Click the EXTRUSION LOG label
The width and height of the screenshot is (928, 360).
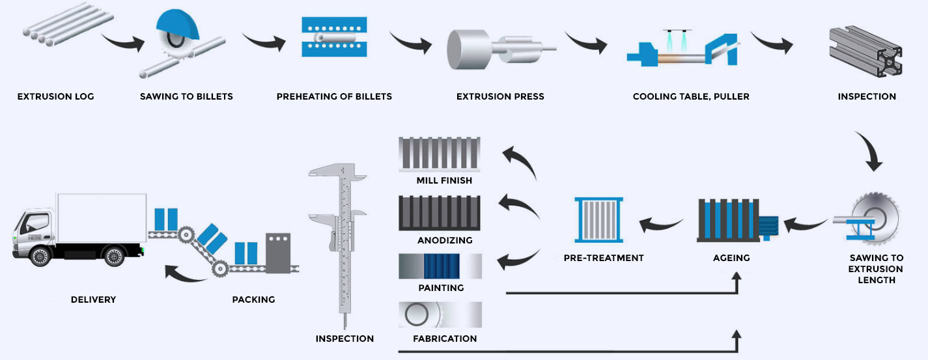coord(55,96)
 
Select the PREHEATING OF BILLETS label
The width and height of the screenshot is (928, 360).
coord(334,96)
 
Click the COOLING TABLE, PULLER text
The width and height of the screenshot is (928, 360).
coord(691,96)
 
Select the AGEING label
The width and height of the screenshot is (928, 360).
coord(731,258)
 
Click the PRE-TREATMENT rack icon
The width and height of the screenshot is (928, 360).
coord(599,221)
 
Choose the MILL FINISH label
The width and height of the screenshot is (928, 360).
coord(444,180)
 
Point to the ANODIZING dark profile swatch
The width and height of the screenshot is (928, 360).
coord(440,213)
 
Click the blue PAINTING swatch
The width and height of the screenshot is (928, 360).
coord(442,266)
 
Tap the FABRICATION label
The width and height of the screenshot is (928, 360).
coord(445,339)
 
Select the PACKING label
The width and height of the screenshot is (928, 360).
coord(253,299)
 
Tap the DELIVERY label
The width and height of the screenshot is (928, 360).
coord(93,299)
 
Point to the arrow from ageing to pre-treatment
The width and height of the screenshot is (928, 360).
coord(661,225)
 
